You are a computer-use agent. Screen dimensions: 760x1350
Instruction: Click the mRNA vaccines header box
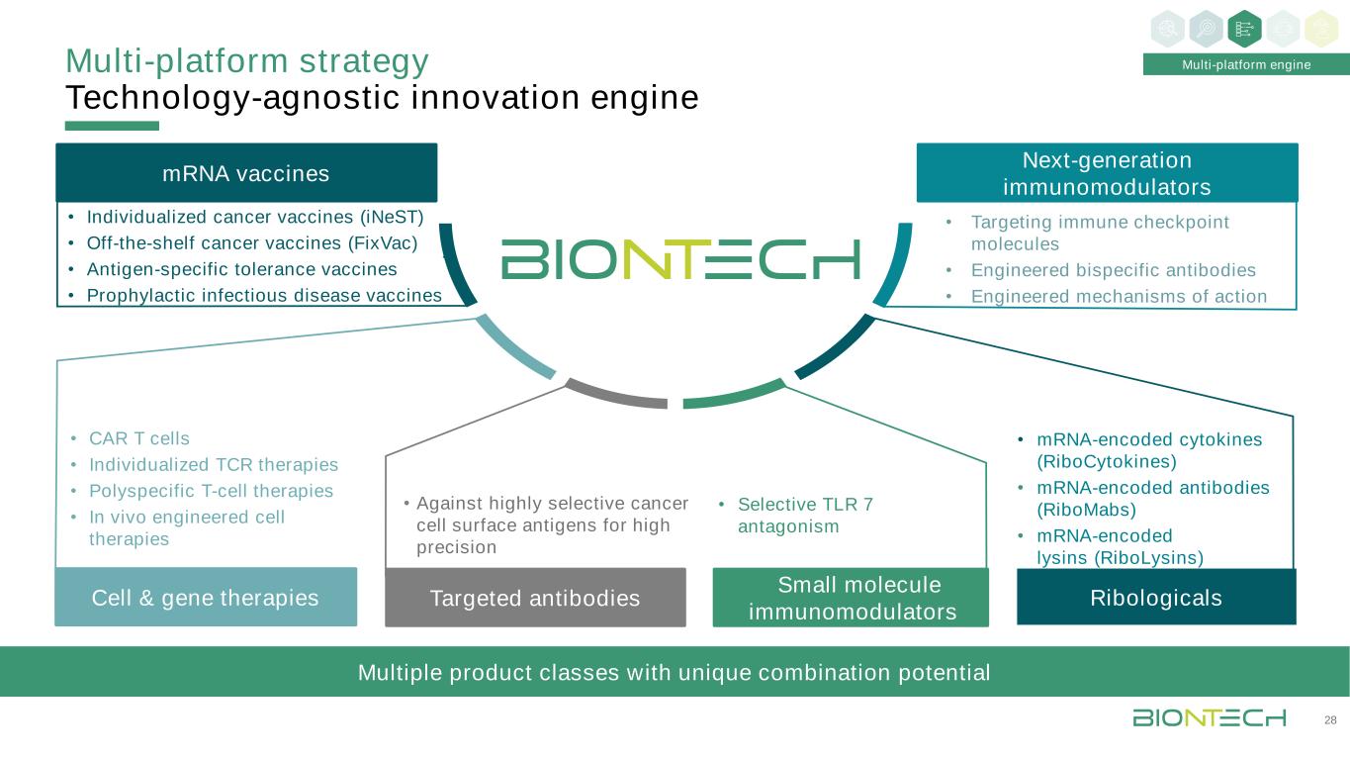tap(246, 173)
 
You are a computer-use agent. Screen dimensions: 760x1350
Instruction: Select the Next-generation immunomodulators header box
tap(1107, 173)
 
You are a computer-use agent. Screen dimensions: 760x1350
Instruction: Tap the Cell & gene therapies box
tap(206, 597)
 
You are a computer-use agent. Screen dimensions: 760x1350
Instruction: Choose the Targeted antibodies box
tap(535, 598)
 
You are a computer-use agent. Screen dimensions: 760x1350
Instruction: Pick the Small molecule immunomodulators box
tap(851, 598)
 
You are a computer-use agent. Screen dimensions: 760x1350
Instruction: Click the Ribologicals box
tap(1156, 597)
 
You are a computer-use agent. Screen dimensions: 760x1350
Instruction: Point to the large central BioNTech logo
tap(680, 258)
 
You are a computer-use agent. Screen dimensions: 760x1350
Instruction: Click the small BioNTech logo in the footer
tap(1209, 717)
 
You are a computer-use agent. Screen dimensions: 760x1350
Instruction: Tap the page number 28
tap(1330, 719)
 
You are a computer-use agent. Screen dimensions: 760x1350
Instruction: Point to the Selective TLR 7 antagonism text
tap(805, 516)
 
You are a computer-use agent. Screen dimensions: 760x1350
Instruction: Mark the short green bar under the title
tap(112, 126)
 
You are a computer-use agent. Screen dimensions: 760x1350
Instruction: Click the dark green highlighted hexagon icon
tap(1244, 29)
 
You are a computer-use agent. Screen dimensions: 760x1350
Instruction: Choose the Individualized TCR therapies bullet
tap(213, 465)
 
